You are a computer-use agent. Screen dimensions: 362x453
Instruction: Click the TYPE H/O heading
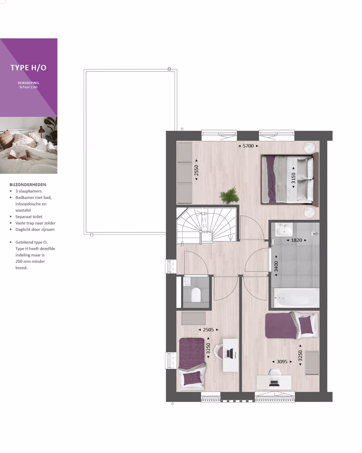point(28,68)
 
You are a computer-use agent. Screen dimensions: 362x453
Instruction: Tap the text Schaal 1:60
point(28,87)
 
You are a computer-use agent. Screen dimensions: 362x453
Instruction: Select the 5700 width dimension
point(248,146)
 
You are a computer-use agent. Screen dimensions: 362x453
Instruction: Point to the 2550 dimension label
point(196,170)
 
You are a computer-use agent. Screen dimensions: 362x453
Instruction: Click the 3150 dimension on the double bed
point(294,178)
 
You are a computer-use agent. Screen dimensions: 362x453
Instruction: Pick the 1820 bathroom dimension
point(297,240)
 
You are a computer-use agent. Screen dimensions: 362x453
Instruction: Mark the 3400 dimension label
point(276,266)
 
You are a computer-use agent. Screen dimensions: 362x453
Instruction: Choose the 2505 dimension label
point(208,330)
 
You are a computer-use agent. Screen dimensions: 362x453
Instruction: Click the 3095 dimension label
point(282,362)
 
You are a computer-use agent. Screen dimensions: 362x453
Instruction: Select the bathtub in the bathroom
point(296,298)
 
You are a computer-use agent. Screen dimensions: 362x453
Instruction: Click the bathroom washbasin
point(284,230)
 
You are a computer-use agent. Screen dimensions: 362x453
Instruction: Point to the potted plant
point(229,195)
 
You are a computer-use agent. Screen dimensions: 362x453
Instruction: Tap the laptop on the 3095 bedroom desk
point(274,383)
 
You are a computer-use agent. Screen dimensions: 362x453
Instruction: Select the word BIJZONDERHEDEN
point(28,185)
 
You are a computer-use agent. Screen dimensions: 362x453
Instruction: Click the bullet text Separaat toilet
point(29,217)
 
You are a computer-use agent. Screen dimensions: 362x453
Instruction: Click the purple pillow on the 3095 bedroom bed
point(306,325)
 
